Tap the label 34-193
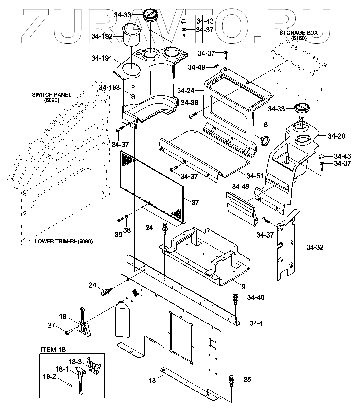tap(109, 87)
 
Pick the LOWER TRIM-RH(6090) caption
tap(64, 241)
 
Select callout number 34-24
tap(186, 90)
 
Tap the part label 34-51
tap(255, 176)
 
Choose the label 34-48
tap(240, 187)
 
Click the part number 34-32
tap(315, 247)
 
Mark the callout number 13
tap(152, 381)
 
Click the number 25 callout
tap(247, 380)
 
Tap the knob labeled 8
tap(265, 140)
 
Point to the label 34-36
tap(189, 103)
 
